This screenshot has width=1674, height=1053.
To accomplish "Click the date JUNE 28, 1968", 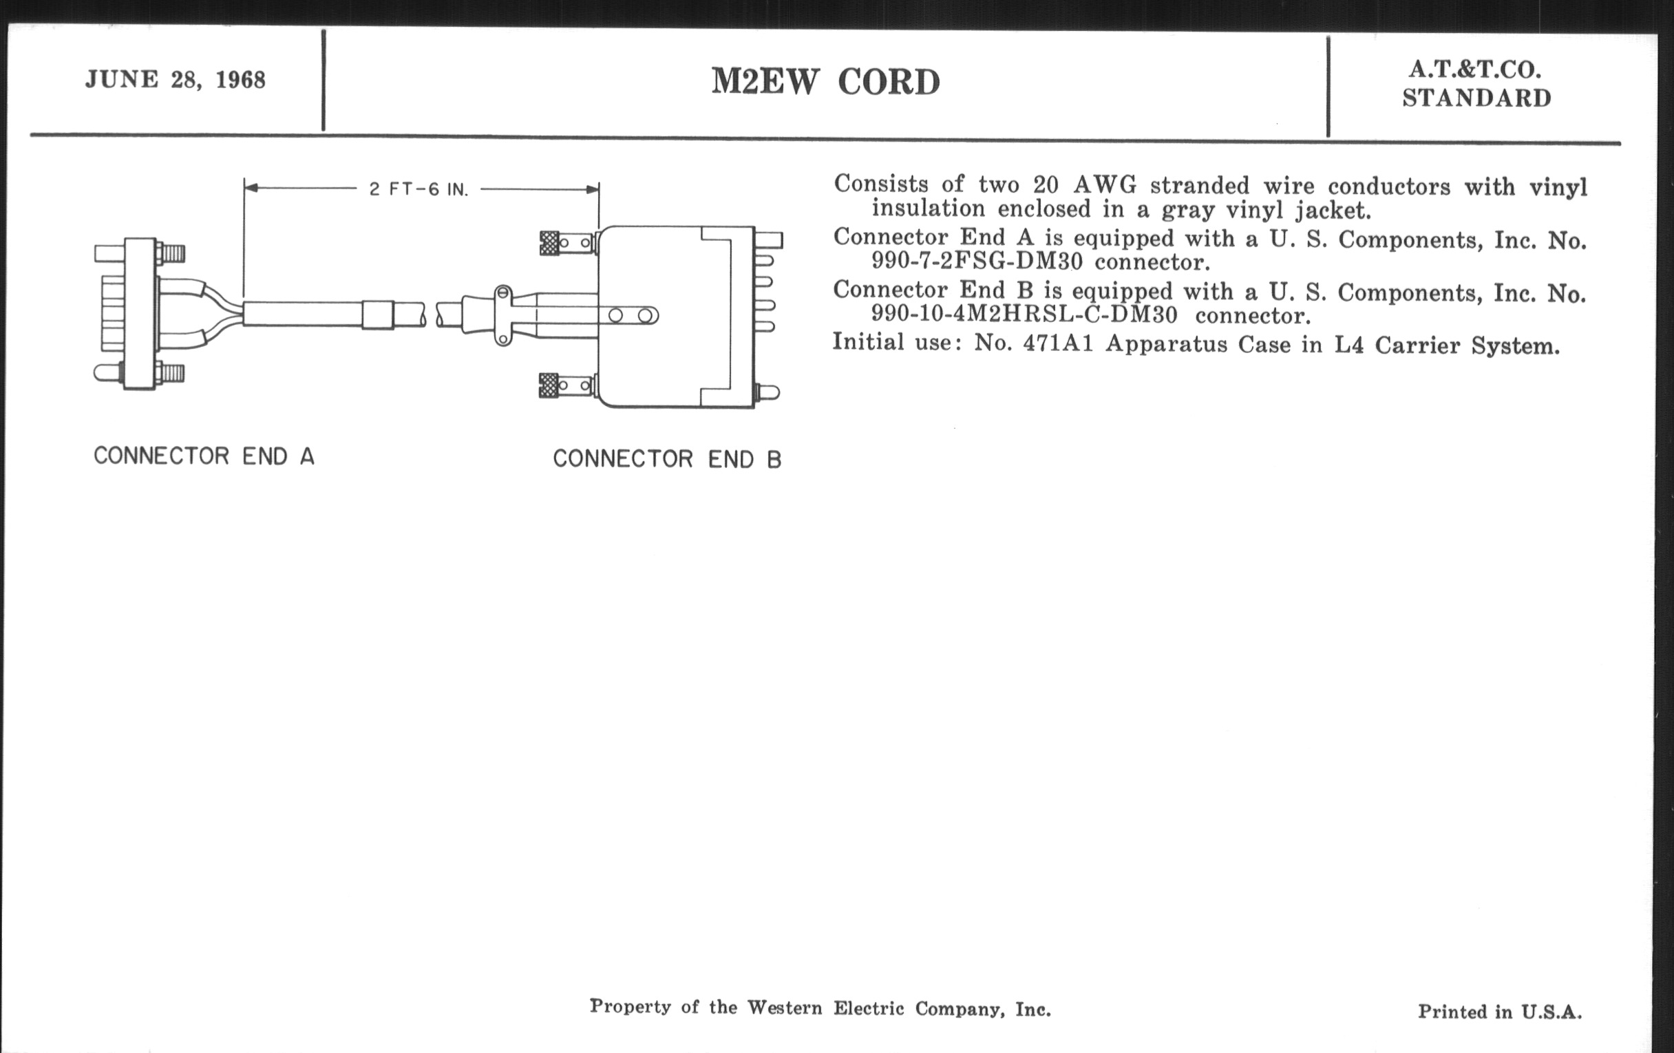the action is (x=176, y=80).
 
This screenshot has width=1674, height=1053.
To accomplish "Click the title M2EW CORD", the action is (x=825, y=82).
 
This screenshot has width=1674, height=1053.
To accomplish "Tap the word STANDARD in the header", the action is (x=1476, y=98).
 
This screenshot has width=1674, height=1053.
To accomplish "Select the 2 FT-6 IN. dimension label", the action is (x=418, y=189).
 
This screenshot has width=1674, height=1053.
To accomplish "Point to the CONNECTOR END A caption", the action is (x=204, y=456).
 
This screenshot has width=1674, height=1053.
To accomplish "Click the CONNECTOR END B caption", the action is (x=667, y=459).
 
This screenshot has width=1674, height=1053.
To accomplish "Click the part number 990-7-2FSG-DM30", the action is (x=977, y=262).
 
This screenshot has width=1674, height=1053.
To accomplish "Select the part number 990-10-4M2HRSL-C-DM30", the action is (x=1024, y=314).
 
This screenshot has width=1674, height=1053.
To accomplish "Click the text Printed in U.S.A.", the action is (x=1499, y=1011).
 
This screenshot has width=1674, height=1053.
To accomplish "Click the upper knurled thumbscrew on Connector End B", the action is (x=549, y=242).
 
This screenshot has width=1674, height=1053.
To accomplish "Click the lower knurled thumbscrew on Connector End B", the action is (x=549, y=385).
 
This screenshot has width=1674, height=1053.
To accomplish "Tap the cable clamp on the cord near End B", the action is (x=502, y=315).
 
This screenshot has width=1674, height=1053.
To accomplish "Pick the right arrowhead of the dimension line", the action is (x=591, y=189).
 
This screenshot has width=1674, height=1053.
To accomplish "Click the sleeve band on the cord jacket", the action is (x=377, y=315).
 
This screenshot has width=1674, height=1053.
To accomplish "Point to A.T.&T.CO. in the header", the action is (x=1475, y=70).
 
